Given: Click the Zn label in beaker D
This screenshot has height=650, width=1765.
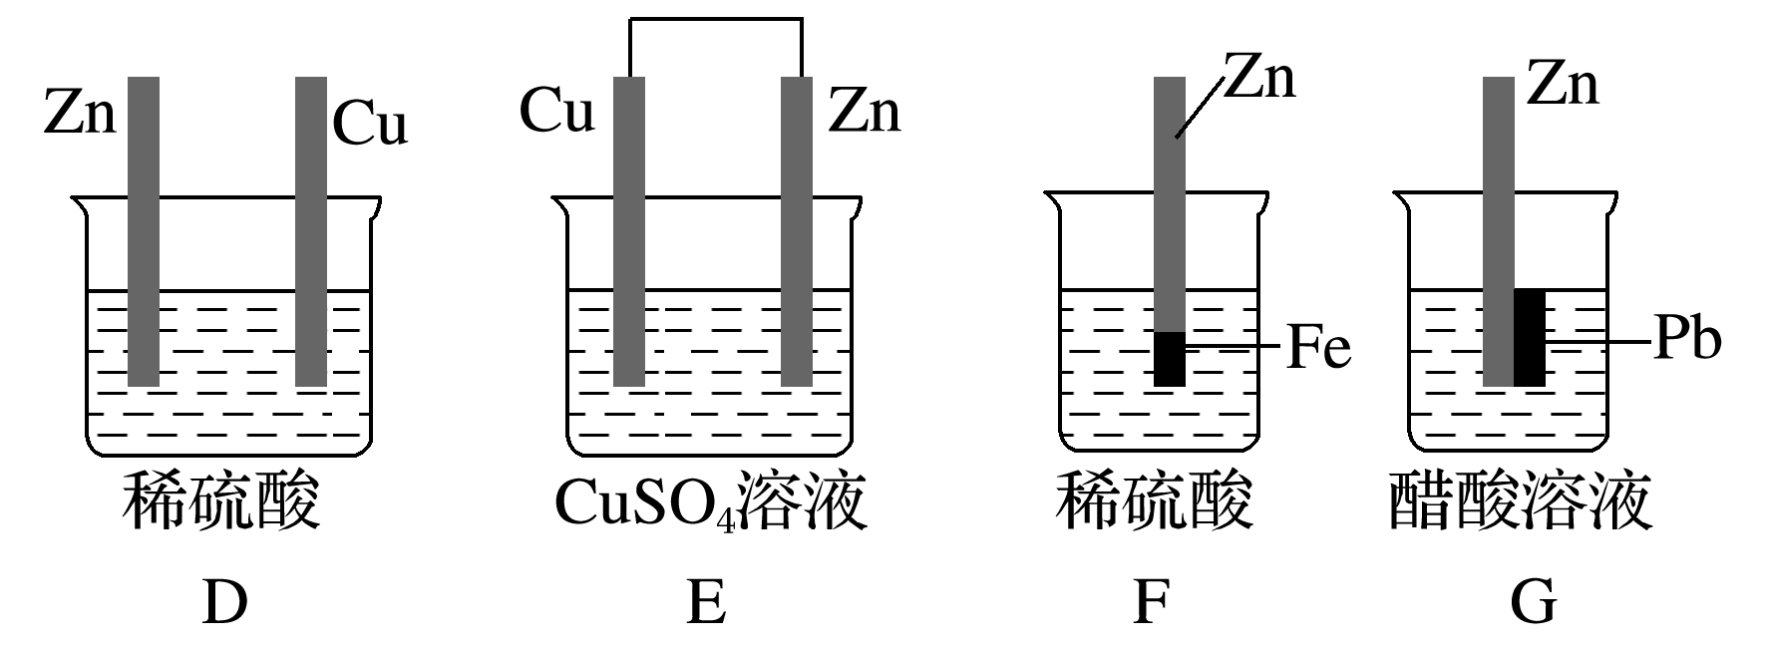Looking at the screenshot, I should pyautogui.click(x=80, y=113).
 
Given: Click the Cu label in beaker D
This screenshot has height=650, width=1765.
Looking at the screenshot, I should pyautogui.click(x=369, y=126).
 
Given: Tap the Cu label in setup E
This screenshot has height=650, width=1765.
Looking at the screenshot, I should pyautogui.click(x=556, y=112).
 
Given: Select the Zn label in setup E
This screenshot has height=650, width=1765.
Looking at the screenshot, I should pyautogui.click(x=864, y=112).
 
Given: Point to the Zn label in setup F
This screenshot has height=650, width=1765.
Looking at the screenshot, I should pyautogui.click(x=1259, y=79).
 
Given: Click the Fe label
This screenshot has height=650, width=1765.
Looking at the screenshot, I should pyautogui.click(x=1318, y=348).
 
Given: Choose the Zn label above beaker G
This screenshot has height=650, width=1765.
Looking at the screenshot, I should pyautogui.click(x=1563, y=84).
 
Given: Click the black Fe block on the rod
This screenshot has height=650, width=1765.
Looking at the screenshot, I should pyautogui.click(x=1170, y=359).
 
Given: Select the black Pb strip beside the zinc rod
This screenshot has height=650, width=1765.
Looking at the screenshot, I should pyautogui.click(x=1530, y=338).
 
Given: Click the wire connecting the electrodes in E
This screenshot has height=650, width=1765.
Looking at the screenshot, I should pyautogui.click(x=715, y=20).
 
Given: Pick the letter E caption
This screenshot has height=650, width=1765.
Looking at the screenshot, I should pyautogui.click(x=706, y=604).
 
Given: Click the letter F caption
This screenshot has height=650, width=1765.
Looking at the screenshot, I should pyautogui.click(x=1152, y=604).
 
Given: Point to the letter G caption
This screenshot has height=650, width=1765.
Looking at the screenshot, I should pyautogui.click(x=1532, y=604).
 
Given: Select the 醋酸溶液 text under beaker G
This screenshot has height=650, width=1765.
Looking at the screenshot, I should pyautogui.click(x=1520, y=502).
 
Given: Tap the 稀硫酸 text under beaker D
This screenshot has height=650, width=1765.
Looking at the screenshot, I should pyautogui.click(x=221, y=502).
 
